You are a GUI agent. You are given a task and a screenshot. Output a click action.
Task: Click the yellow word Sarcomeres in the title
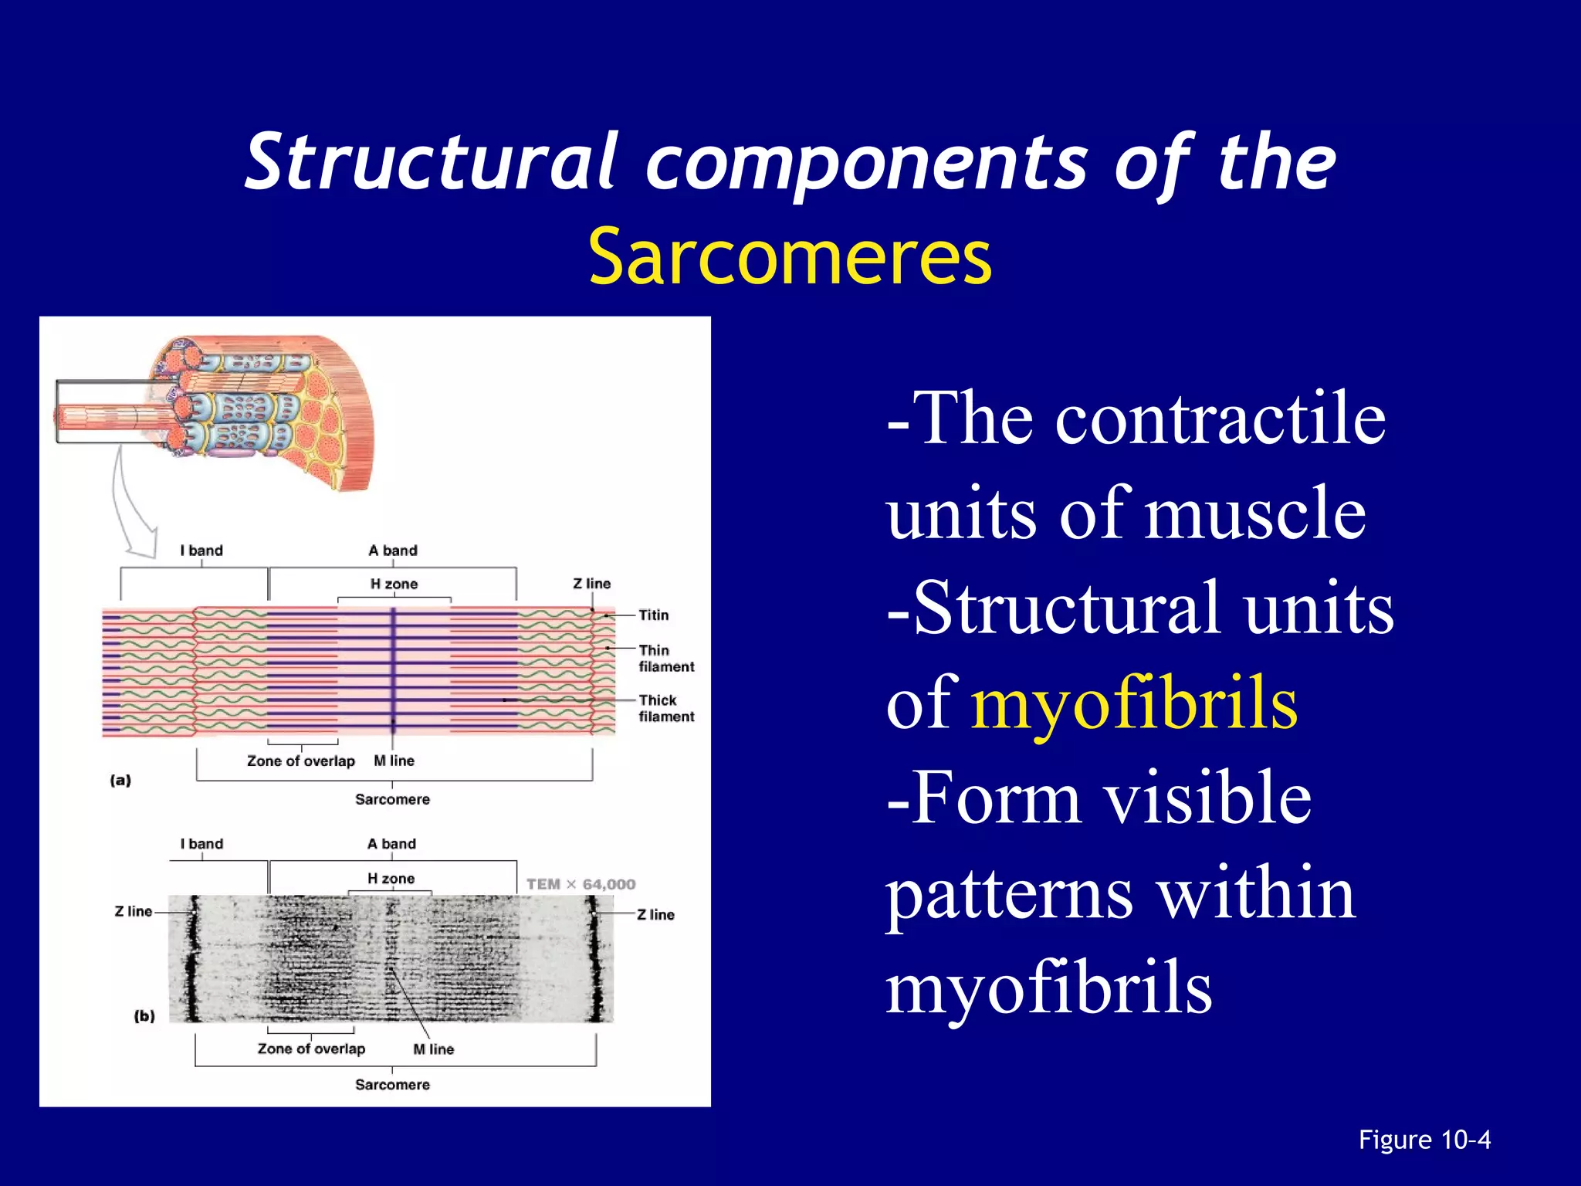(x=790, y=257)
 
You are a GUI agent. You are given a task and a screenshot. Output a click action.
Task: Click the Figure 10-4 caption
(x=1424, y=1140)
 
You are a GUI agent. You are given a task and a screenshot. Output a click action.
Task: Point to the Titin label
(x=653, y=615)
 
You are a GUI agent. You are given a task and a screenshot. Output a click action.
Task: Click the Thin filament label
(x=665, y=659)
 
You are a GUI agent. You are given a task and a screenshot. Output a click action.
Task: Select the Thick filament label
(x=665, y=708)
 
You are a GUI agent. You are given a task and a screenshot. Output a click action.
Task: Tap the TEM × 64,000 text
(x=581, y=884)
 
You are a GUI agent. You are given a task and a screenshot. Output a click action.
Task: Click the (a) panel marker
(x=120, y=780)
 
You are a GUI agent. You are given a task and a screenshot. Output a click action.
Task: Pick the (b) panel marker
(x=144, y=1016)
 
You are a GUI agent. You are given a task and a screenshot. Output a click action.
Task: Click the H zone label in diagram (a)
(x=394, y=584)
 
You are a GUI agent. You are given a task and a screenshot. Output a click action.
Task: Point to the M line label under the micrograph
(x=433, y=1049)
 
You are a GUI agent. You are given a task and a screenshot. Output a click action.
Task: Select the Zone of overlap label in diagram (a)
(x=300, y=761)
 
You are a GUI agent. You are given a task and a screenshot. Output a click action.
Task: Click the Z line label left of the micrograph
(x=134, y=911)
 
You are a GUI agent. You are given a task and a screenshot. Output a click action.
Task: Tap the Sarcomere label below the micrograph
(x=392, y=1085)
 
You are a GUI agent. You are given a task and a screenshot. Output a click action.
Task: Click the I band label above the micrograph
(x=201, y=844)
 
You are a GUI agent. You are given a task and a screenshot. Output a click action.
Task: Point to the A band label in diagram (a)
(x=392, y=551)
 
